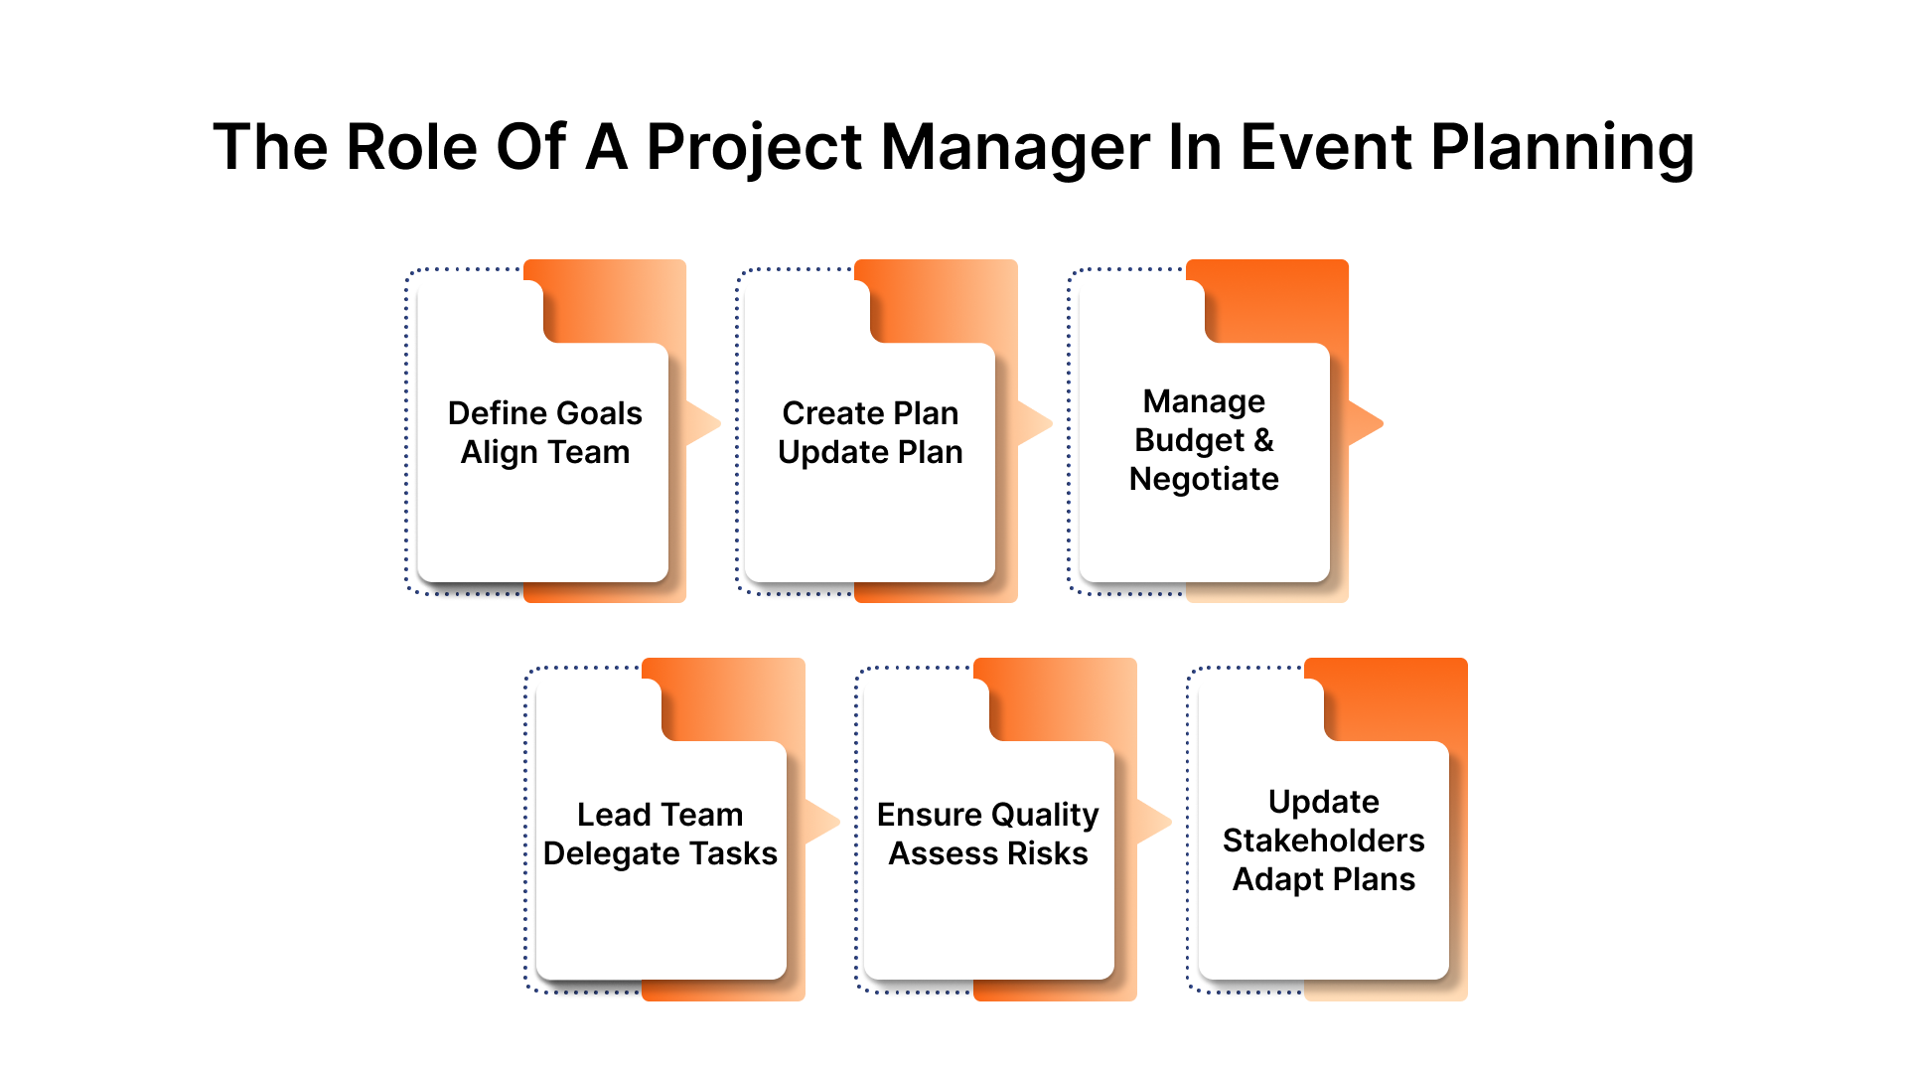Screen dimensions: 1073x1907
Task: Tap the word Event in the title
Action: pyautogui.click(x=1325, y=148)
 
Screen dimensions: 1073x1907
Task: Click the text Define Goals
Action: pyautogui.click(x=544, y=412)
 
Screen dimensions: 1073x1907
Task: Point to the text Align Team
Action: pyautogui.click(x=544, y=452)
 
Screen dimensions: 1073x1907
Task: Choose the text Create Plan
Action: pyautogui.click(x=870, y=412)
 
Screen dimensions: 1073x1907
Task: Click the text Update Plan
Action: pyautogui.click(x=870, y=452)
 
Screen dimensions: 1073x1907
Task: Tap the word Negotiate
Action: pyautogui.click(x=1204, y=479)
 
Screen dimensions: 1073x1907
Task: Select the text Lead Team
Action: pyautogui.click(x=660, y=815)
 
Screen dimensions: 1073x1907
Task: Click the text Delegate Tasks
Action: pyautogui.click(x=660, y=853)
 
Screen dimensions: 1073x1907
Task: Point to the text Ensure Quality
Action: pyautogui.click(x=987, y=815)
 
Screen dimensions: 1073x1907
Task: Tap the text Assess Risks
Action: pyautogui.click(x=987, y=853)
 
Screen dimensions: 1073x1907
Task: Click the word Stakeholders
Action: pyautogui.click(x=1323, y=841)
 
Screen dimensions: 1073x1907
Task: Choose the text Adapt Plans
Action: pyautogui.click(x=1323, y=879)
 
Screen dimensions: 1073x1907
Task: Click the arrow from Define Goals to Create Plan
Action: pyautogui.click(x=701, y=424)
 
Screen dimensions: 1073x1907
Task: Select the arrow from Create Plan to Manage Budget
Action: pyautogui.click(x=1033, y=424)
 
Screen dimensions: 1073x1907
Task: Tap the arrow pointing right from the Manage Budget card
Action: pyautogui.click(x=1364, y=424)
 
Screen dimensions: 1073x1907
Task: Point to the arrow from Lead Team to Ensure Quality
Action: pyautogui.click(x=820, y=823)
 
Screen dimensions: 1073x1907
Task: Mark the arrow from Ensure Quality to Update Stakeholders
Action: pyautogui.click(x=1152, y=823)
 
